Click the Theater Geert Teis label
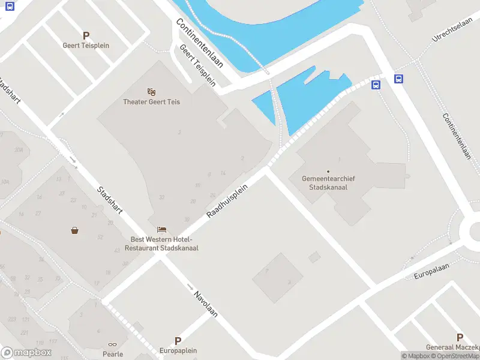tap(151, 101)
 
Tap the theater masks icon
tap(151, 92)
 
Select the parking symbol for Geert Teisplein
tap(86, 36)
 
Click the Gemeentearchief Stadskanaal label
tap(328, 183)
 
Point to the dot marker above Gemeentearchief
tap(328, 171)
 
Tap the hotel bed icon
tap(161, 229)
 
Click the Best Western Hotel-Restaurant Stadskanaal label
tap(164, 244)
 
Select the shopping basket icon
tap(74, 230)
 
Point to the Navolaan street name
tap(205, 304)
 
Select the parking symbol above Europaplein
tap(178, 341)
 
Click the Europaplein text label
tap(178, 350)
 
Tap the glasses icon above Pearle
tap(112, 344)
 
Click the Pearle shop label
tap(112, 354)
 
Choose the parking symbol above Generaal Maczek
tap(460, 338)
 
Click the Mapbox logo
tap(26, 353)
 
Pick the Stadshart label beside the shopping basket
tap(110, 200)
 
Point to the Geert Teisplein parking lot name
tap(86, 45)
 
